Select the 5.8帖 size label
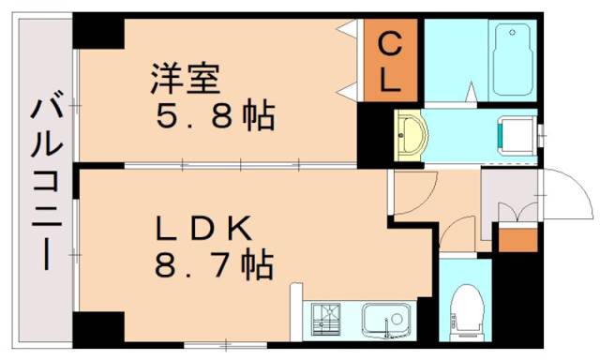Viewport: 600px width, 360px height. pos(214,116)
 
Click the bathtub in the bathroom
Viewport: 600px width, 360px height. pos(513,61)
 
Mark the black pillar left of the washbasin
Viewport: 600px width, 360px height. pos(378,135)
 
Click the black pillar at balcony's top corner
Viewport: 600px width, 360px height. pos(98,34)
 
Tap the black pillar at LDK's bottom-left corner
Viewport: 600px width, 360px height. pos(98,329)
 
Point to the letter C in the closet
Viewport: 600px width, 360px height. pos(392,43)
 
